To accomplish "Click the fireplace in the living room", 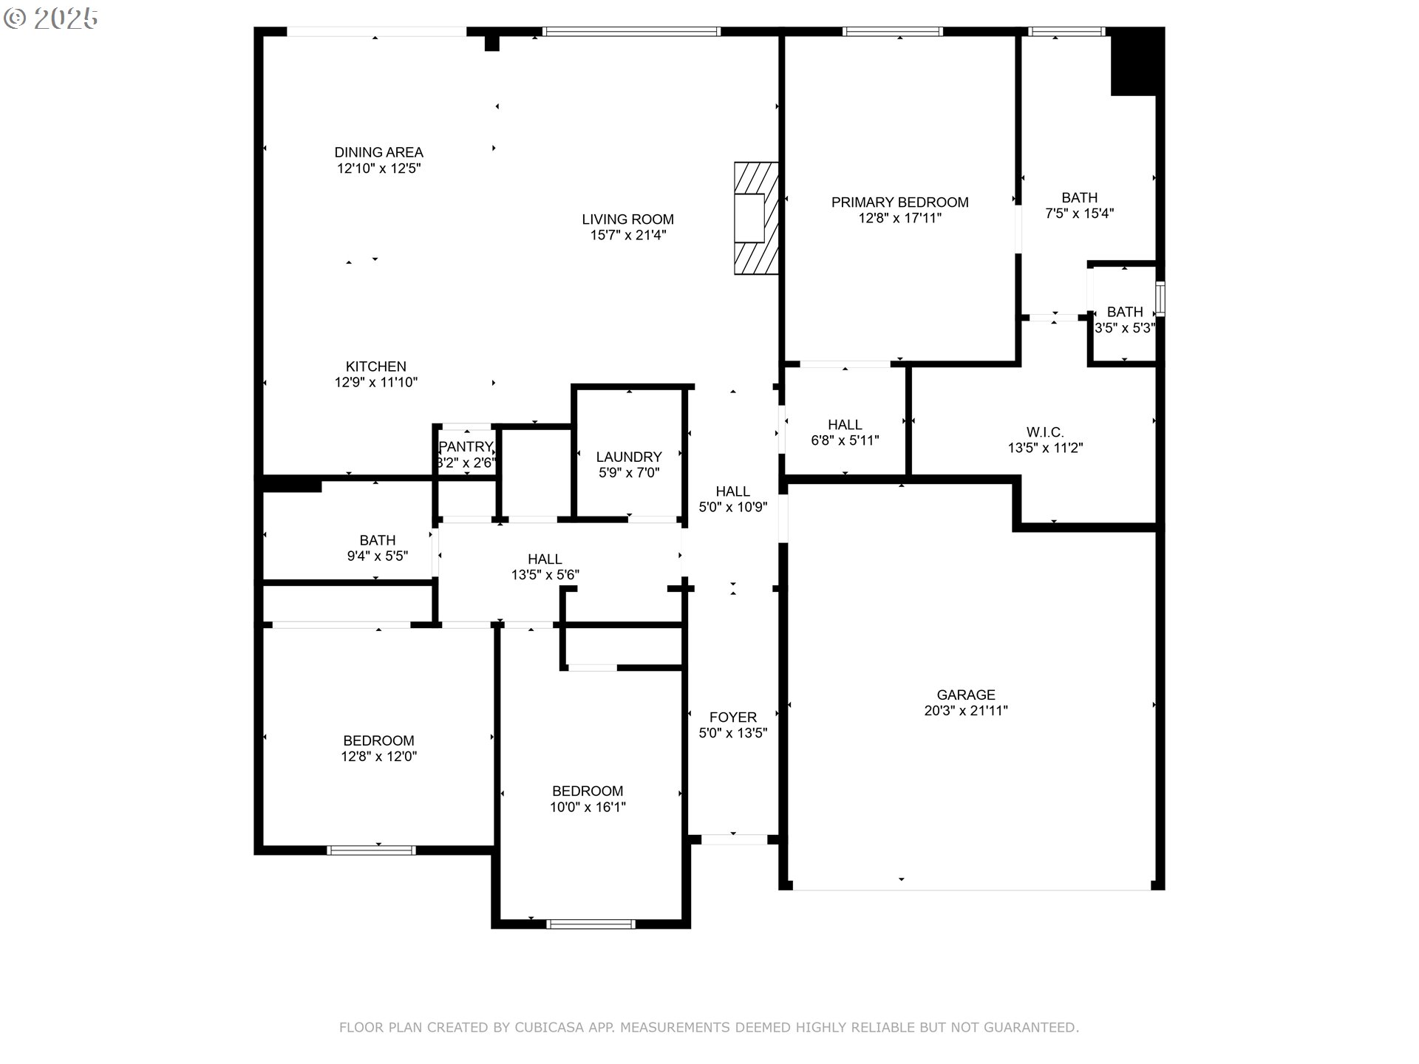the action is click(x=756, y=218).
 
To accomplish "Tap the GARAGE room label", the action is click(x=966, y=695).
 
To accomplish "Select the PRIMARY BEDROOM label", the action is click(x=899, y=202).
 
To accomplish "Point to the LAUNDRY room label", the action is click(x=629, y=457).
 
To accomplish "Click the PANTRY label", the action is click(x=466, y=447).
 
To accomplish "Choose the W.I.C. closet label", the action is click(x=1045, y=432).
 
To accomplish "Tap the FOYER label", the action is click(x=733, y=717).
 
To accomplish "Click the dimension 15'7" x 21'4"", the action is click(x=627, y=236).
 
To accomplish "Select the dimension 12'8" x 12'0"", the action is click(x=378, y=757).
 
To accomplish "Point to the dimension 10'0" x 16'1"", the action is click(x=588, y=807).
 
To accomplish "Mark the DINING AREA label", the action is click(x=379, y=152).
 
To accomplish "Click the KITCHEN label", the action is click(x=376, y=366).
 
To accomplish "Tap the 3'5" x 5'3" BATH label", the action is click(x=1125, y=312).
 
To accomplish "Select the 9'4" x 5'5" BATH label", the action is click(x=378, y=540).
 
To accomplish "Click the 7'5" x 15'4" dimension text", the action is click(x=1080, y=214).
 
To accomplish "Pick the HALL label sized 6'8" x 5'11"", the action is click(x=845, y=425).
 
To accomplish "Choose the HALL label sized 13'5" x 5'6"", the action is click(x=545, y=559).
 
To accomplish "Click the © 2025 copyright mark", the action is click(x=51, y=18).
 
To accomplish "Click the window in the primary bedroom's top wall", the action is click(x=894, y=31).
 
